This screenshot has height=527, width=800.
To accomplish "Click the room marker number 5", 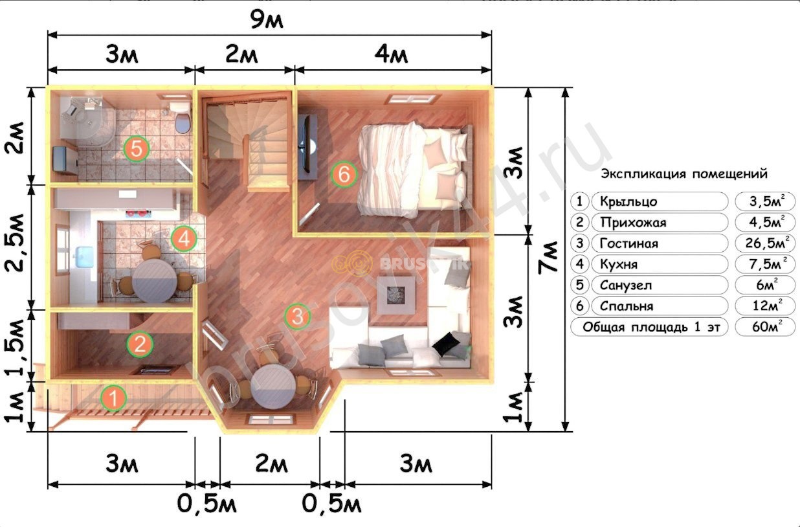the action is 137,149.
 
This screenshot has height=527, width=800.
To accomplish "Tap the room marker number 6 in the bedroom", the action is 344,174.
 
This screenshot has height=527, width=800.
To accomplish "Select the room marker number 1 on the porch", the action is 113,398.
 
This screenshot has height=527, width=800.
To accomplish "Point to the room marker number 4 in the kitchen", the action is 184,239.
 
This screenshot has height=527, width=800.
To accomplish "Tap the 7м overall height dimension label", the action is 549,258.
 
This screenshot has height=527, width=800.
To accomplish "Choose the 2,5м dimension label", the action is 15,243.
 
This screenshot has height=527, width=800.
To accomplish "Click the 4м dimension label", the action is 391,54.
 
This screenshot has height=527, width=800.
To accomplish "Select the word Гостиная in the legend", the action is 629,243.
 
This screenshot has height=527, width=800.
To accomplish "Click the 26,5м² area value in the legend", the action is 765,243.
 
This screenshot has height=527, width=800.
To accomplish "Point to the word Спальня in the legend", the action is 627,306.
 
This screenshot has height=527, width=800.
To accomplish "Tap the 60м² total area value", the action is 767,326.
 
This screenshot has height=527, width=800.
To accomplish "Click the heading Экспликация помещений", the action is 684,174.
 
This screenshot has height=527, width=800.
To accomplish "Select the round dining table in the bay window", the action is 273,387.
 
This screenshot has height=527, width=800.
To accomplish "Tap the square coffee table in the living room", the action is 396,295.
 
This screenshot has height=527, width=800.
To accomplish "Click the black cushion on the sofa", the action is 446,344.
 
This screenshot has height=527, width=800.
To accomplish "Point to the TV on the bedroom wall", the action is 308,148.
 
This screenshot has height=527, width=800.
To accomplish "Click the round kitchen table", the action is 155,281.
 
